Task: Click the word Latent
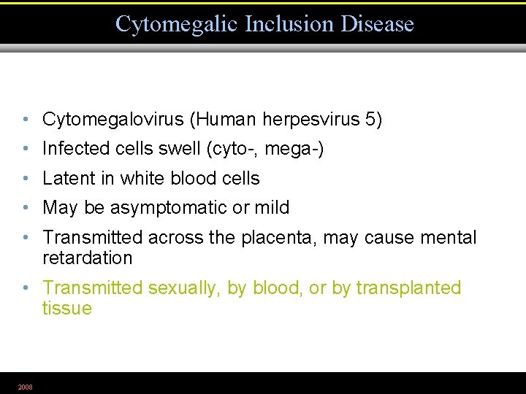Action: coord(69,178)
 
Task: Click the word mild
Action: coord(271,208)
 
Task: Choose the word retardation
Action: coord(88,258)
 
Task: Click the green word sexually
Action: coord(183,288)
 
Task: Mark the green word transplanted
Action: coord(409,288)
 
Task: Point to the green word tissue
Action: coord(67,309)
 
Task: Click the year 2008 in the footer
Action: coord(25,387)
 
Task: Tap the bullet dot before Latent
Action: coord(25,179)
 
